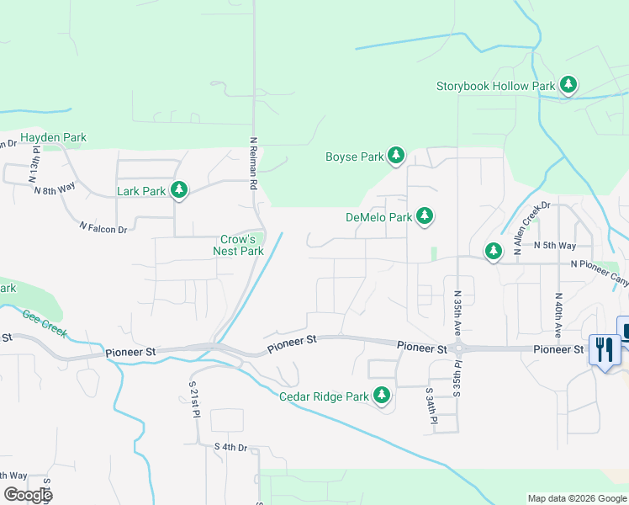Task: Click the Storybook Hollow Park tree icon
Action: pyautogui.click(x=569, y=84)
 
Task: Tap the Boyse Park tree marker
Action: pyautogui.click(x=396, y=156)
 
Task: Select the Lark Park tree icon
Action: pyautogui.click(x=178, y=191)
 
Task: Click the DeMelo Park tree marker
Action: pyautogui.click(x=425, y=217)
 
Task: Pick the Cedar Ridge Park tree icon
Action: pyautogui.click(x=382, y=395)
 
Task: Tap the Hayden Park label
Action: pyautogui.click(x=54, y=137)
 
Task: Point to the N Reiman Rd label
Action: pyautogui.click(x=253, y=162)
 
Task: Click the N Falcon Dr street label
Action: pyautogui.click(x=103, y=227)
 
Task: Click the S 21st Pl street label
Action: pyautogui.click(x=192, y=402)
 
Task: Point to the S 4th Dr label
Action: pyautogui.click(x=230, y=447)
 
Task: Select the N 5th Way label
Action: pyautogui.click(x=555, y=246)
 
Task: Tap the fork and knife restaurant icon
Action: pyautogui.click(x=604, y=348)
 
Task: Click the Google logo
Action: pyautogui.click(x=28, y=495)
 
